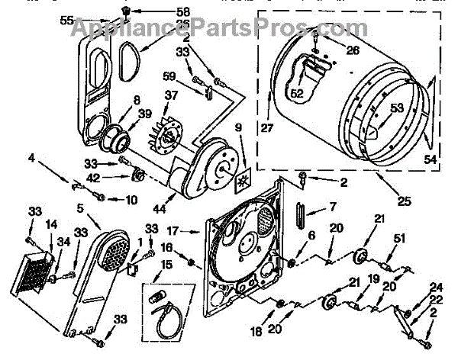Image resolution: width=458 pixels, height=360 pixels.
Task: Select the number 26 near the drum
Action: pos(331,52)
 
